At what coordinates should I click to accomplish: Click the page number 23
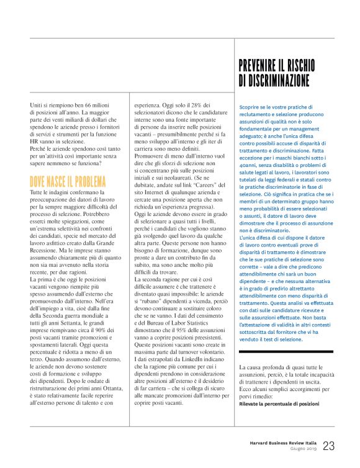tap(329, 446)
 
